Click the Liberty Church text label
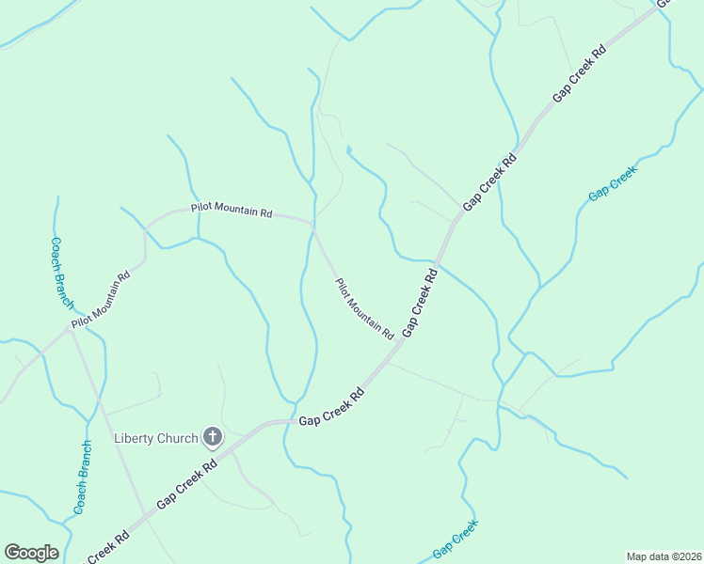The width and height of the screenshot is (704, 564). coord(155,438)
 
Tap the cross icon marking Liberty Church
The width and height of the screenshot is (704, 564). coord(213,436)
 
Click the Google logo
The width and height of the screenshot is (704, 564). coord(31,553)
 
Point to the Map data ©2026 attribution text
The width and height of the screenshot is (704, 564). coord(664,556)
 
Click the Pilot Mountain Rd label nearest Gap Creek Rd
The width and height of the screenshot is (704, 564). coord(364,308)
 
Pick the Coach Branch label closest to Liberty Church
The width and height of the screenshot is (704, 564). coord(82,478)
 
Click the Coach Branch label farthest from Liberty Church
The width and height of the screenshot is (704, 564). coord(62,272)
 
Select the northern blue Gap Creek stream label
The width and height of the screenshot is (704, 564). coord(613,182)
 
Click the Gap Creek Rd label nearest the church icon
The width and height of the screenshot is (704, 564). coord(187,485)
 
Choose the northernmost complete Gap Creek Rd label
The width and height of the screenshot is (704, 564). coord(578,71)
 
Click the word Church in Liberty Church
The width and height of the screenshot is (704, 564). coord(178,438)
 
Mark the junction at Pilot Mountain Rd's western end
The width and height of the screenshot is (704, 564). coord(72,328)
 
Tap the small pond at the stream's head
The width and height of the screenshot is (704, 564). coord(348,149)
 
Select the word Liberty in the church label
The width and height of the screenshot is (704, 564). coord(134,438)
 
